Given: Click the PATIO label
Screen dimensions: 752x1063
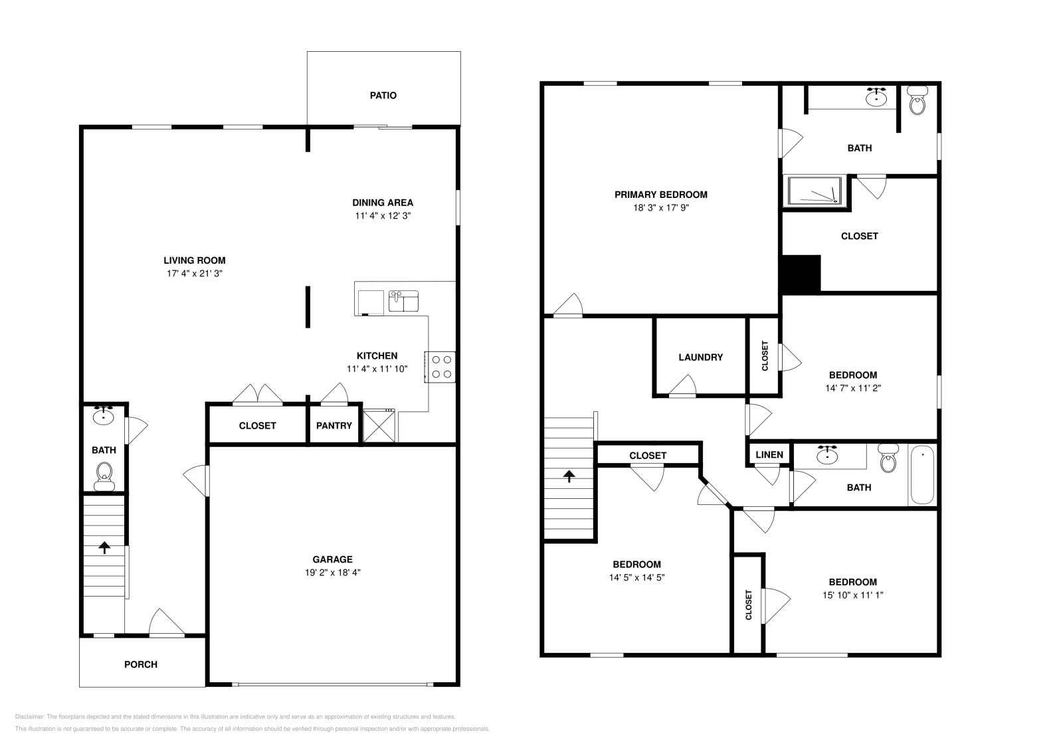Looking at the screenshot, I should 383,96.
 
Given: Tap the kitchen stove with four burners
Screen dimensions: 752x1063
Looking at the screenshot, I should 441,367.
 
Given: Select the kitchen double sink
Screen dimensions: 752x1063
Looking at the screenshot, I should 403,300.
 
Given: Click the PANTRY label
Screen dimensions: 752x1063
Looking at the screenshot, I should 334,426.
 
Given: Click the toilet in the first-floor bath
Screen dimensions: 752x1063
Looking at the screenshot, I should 104,475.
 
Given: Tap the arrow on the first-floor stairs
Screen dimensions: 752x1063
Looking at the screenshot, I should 104,547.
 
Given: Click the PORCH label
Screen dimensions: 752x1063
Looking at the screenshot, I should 141,664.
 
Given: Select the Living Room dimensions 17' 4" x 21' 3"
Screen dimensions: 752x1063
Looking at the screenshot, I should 194,274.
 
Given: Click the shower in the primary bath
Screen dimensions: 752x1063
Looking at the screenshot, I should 816,192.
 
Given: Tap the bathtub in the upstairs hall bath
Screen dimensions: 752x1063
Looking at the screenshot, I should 921,475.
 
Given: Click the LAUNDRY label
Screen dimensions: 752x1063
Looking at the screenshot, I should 700,357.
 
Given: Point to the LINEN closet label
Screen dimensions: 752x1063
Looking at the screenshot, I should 770,455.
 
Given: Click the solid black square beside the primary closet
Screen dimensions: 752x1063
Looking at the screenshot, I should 802,274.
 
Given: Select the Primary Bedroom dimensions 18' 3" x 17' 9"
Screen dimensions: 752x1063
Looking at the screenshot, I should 660,208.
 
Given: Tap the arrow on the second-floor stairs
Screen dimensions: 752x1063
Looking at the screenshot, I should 569,476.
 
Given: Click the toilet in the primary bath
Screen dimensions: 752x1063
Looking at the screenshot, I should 918,101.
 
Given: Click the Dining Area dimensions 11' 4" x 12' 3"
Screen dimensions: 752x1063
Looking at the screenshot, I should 383,216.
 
